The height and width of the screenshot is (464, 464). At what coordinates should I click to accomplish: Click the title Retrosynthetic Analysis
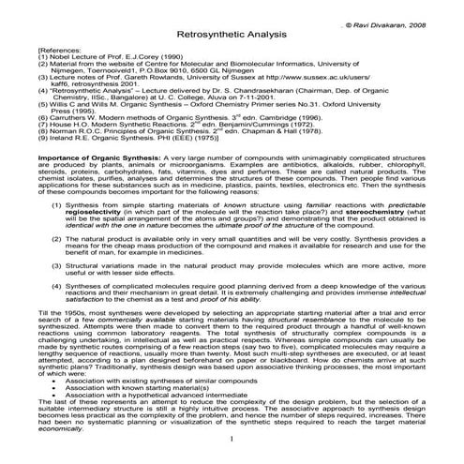[x=232, y=36]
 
